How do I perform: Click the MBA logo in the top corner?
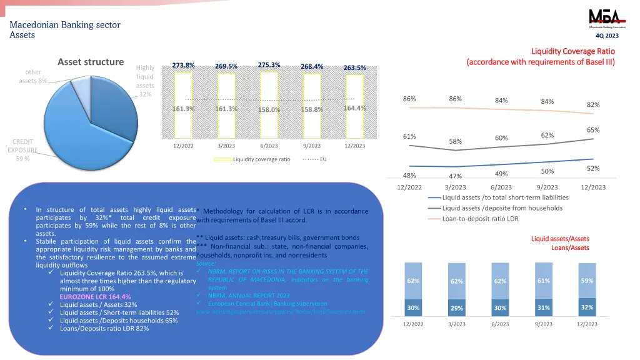tap(602, 18)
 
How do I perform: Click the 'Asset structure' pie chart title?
tap(91, 62)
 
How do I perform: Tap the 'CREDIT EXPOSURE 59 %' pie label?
tap(22, 150)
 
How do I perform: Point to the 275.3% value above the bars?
tap(269, 65)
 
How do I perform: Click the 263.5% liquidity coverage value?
tap(354, 67)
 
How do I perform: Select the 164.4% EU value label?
tap(354, 108)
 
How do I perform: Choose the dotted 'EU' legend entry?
tap(316, 159)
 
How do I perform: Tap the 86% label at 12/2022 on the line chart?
tap(409, 99)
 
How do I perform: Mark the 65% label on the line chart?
tap(593, 130)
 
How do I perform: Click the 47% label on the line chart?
tap(455, 176)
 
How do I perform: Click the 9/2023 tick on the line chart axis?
tap(547, 187)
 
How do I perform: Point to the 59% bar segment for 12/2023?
tap(587, 281)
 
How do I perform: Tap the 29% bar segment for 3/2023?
tap(457, 308)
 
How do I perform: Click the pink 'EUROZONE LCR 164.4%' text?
tap(95, 297)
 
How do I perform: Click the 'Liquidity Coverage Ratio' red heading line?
tap(572, 51)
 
